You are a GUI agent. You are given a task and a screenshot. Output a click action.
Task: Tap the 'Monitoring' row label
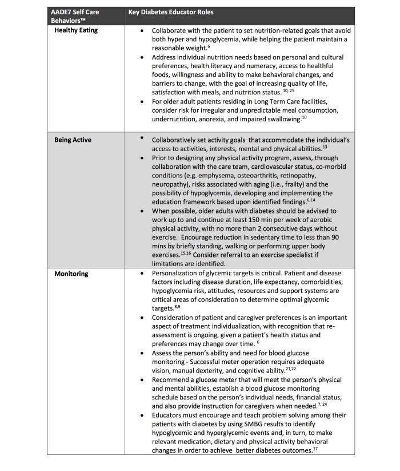[x=71, y=274]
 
